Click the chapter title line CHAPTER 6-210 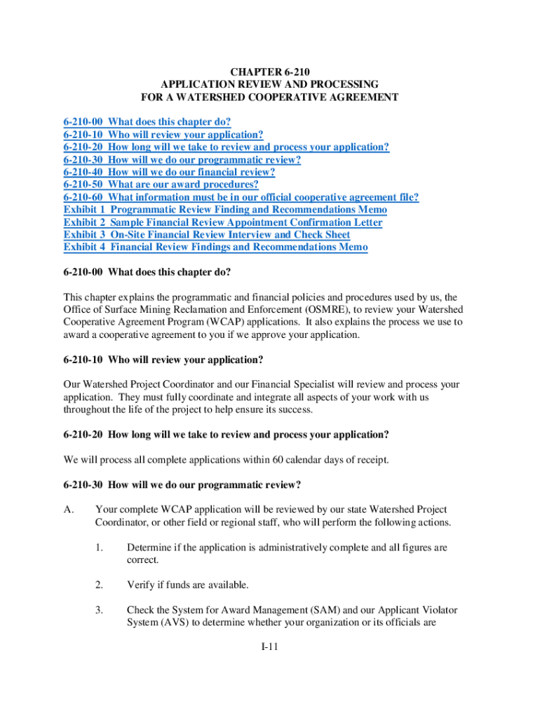click(270, 72)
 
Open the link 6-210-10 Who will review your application click(163, 134)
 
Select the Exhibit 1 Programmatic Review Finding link click(225, 210)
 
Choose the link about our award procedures click(161, 184)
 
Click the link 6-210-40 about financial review click(169, 172)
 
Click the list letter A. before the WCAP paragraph click(69, 510)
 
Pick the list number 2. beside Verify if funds click(100, 584)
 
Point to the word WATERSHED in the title click(212, 97)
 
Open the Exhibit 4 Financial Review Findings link click(215, 248)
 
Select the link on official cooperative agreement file click(241, 197)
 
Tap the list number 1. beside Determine click(100, 548)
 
